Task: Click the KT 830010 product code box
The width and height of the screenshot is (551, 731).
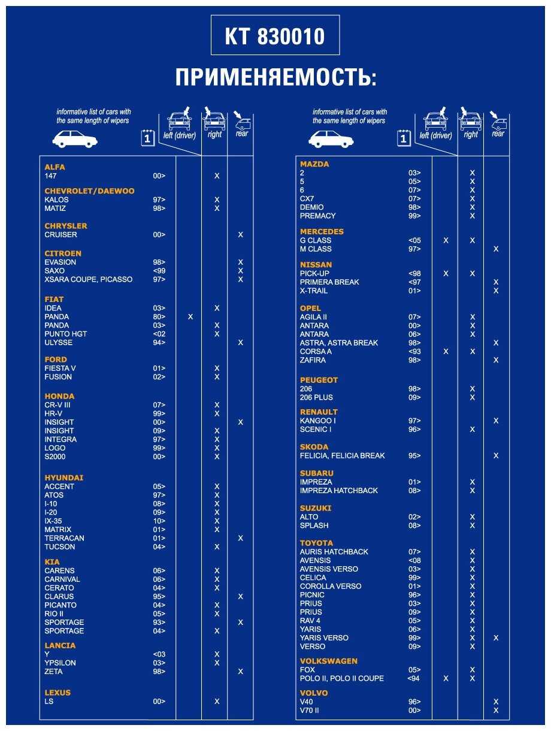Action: pos(275,35)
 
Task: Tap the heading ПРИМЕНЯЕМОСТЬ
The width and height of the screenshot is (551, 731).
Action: pos(276,78)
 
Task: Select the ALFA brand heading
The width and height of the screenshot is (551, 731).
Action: pos(55,167)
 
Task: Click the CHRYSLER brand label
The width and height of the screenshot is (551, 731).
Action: pos(66,226)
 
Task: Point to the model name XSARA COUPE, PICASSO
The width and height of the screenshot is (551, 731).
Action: pos(89,279)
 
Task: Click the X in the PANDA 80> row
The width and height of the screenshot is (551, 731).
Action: pos(190,316)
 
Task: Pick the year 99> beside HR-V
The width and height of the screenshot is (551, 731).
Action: pos(159,413)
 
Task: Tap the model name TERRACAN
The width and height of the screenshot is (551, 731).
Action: pos(64,538)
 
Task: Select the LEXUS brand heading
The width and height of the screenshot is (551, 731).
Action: pos(57,693)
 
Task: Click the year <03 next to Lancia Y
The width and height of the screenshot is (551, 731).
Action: pos(159,654)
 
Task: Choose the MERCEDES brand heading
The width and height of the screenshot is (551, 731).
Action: pos(322,231)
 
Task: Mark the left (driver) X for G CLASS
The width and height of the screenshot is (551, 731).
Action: pos(446,240)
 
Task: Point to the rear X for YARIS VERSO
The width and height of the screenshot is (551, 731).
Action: pos(496,638)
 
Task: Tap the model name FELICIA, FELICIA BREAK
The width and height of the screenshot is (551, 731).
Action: pos(343,455)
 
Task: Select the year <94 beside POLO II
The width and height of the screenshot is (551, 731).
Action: pos(414,678)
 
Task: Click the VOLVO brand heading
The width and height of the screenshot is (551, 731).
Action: pos(314,693)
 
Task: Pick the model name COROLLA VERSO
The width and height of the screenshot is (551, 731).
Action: pos(331,586)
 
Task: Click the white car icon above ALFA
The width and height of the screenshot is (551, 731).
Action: pos(75,140)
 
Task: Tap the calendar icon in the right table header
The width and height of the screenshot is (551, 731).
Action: pos(404,138)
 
